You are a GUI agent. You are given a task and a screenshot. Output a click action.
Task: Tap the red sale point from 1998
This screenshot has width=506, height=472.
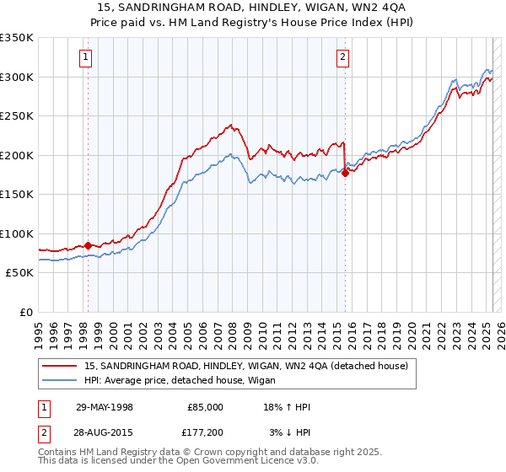(88, 245)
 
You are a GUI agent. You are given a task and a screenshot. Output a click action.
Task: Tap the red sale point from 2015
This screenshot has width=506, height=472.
(345, 173)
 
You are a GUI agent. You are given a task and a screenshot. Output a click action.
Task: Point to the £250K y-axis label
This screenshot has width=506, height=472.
(16, 116)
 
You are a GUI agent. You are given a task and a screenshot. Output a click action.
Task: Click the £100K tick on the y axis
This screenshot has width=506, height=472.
(16, 233)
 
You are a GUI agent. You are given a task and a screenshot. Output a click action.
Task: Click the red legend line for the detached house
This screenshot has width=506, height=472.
(60, 366)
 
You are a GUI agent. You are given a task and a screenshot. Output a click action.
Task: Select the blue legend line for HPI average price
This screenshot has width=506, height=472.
(60, 379)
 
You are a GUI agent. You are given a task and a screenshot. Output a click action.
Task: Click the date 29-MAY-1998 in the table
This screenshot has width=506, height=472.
(104, 406)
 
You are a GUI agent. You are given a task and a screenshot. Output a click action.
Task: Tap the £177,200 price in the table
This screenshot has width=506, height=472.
(204, 432)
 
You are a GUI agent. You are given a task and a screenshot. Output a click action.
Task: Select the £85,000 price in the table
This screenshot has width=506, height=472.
(205, 406)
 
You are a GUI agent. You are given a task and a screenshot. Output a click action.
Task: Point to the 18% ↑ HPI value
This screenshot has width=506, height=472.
(288, 406)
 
